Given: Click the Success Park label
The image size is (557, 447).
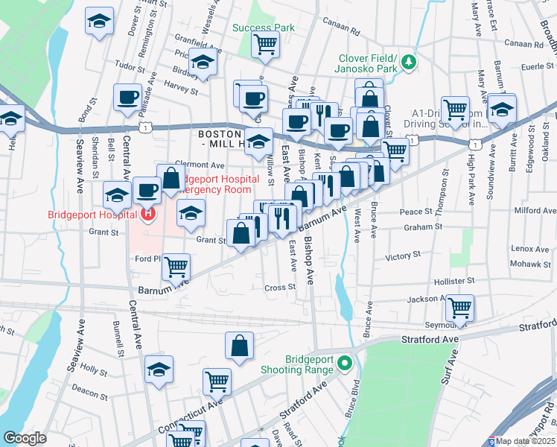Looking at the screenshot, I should coord(264,28).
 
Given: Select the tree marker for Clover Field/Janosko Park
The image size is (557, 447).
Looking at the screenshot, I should coord(408,62).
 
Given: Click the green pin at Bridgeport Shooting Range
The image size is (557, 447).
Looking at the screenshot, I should coord(344,364).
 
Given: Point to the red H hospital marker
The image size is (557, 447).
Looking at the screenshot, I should coord(147,215).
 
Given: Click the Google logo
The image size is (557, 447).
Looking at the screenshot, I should coord(25,438).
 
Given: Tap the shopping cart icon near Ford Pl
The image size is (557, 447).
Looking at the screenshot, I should coord(176,265).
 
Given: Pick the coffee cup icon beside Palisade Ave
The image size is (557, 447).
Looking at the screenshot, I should coord(127,96).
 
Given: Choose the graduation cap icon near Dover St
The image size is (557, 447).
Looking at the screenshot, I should coord(98,22).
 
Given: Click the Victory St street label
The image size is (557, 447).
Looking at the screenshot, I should coord(403,256).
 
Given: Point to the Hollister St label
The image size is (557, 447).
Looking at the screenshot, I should coord(454,281).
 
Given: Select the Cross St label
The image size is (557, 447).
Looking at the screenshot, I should coord(280,287).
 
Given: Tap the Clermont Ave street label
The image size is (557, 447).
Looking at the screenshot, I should coord(200,165).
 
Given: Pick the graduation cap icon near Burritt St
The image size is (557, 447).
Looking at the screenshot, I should coord(503,109).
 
